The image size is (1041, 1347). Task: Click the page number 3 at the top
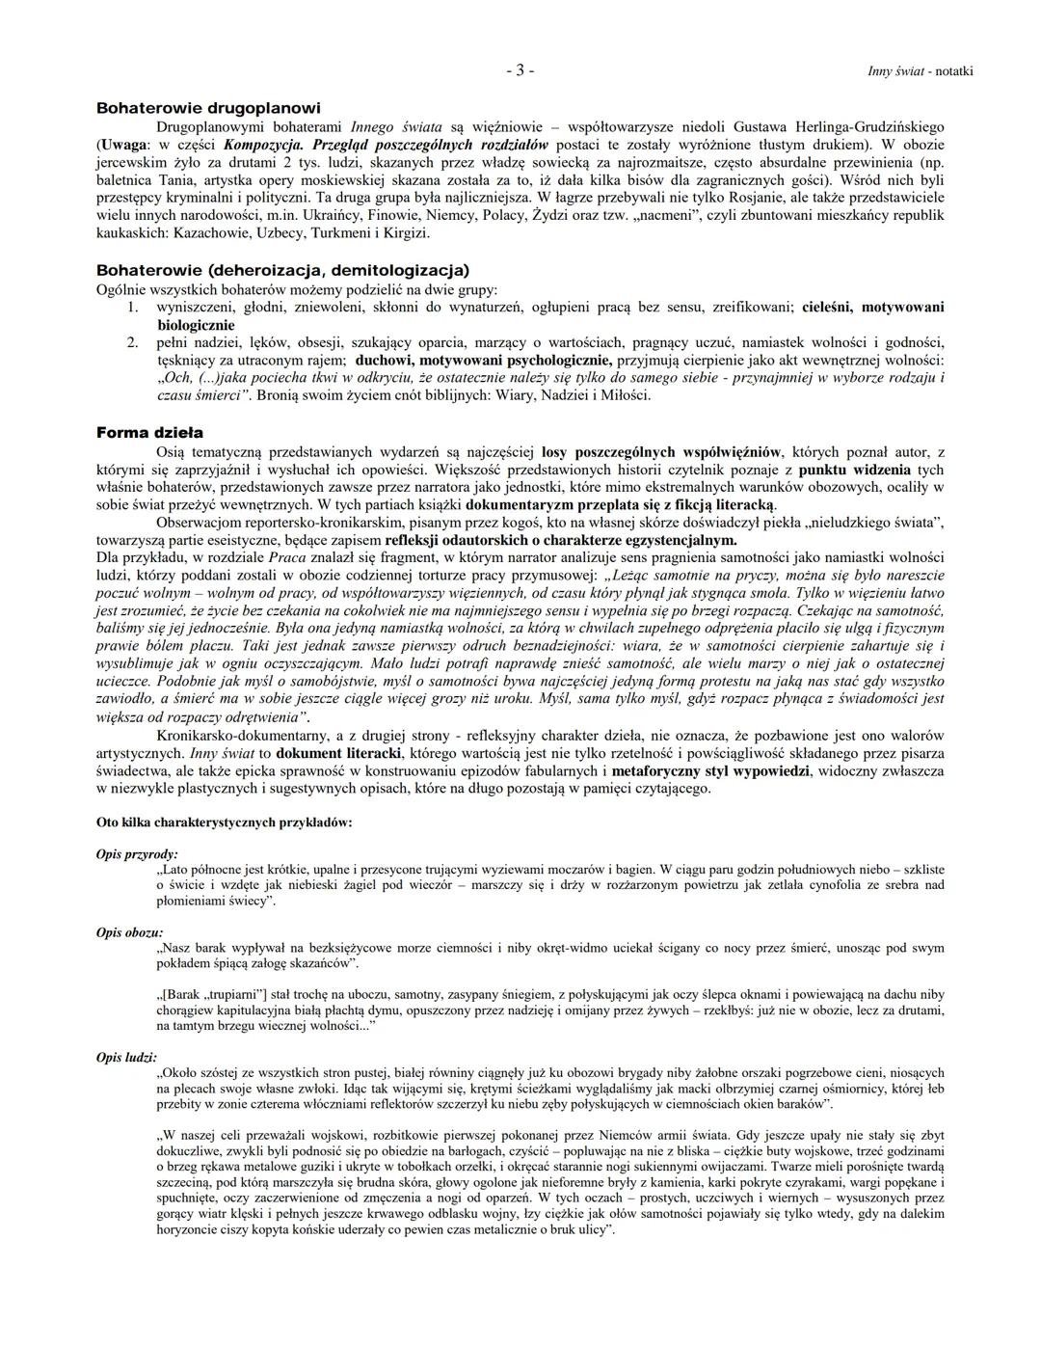tap(520, 70)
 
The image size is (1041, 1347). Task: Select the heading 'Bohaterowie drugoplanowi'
tap(208, 108)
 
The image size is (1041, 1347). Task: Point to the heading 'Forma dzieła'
tap(149, 433)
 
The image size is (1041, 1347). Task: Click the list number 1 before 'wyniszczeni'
tap(135, 307)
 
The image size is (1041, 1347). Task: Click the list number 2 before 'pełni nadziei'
tap(135, 342)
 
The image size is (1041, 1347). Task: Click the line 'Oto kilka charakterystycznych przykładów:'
tap(224, 822)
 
